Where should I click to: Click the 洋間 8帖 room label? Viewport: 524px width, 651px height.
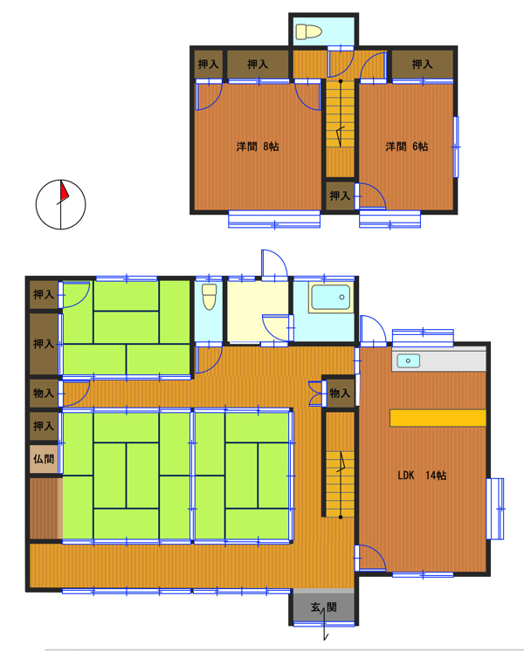pos(258,147)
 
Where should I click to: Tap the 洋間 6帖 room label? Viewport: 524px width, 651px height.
pos(406,147)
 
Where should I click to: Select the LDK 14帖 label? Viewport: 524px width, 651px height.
pos(422,476)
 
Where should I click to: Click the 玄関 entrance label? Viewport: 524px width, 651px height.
pos(324,607)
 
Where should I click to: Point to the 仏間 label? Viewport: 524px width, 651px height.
pos(44,459)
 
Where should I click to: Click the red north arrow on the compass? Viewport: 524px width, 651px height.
pos(64,191)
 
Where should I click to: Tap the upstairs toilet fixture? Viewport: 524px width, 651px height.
pos(309,31)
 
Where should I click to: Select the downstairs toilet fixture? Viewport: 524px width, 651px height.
pos(209,297)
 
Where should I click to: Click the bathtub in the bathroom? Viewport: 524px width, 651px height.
pos(331,298)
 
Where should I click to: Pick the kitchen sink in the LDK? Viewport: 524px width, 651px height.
pos(408,360)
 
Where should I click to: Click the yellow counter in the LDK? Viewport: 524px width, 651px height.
pos(438,418)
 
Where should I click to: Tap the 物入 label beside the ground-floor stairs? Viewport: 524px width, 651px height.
pos(340,393)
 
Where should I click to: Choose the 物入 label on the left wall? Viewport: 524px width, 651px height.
pos(44,393)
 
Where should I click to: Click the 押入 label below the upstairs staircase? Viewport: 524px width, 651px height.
pos(340,195)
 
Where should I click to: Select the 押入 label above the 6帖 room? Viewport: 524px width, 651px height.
pos(422,65)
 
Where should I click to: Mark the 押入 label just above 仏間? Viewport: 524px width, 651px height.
pos(44,426)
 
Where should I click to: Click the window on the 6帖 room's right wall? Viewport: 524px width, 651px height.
pos(456,147)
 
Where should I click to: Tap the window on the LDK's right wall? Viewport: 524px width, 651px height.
pos(495,509)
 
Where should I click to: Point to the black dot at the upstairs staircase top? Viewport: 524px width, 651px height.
pos(341,81)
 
